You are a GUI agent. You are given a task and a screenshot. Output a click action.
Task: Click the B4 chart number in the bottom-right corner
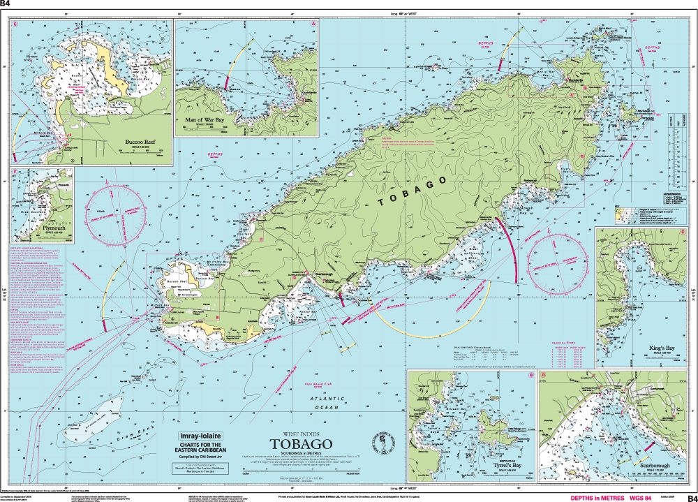pos(690,498)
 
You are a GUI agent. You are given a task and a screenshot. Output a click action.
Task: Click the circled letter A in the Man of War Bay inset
pos(314,24)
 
